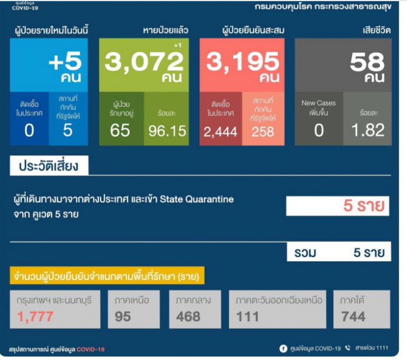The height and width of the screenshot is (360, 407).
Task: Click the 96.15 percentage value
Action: [167, 131]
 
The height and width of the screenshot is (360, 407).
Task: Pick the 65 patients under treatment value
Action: [120, 130]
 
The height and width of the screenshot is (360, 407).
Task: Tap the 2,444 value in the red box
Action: [220, 132]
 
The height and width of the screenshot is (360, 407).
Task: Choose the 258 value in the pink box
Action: [263, 131]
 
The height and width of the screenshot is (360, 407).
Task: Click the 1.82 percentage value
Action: [368, 130]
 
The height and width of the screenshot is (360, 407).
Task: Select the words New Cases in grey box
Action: [319, 103]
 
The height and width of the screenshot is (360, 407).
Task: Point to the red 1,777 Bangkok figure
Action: [36, 317]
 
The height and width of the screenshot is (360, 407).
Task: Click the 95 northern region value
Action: [123, 317]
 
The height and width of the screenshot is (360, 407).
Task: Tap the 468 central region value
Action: [189, 317]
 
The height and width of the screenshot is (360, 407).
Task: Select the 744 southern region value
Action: [353, 317]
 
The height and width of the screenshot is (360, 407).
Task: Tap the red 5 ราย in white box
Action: [364, 206]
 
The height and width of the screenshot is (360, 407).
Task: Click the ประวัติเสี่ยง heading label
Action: [49, 166]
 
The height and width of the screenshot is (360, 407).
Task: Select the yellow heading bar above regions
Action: [106, 275]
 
